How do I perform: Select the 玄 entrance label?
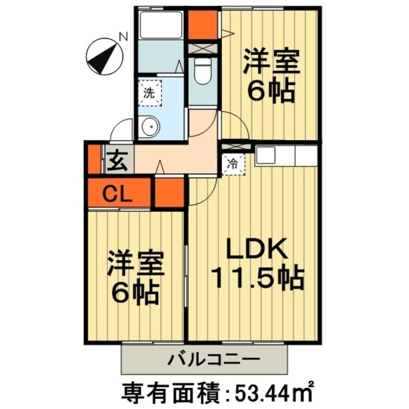tap(118, 160)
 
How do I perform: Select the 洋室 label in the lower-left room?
tap(135, 263)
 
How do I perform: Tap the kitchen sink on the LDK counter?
tap(267, 155)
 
